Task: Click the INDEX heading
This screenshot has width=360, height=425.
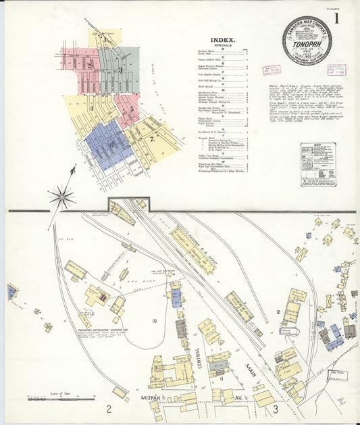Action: [x=223, y=40]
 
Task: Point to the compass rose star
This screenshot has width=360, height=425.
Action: [x=61, y=197]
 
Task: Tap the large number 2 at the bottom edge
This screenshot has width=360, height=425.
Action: [x=108, y=409]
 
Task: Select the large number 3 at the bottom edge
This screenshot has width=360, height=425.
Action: [x=275, y=409]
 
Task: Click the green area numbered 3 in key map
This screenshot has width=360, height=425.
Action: [x=120, y=68]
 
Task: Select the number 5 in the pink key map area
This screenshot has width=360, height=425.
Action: [x=132, y=108]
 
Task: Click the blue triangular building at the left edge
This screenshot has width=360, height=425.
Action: [x=11, y=291]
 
